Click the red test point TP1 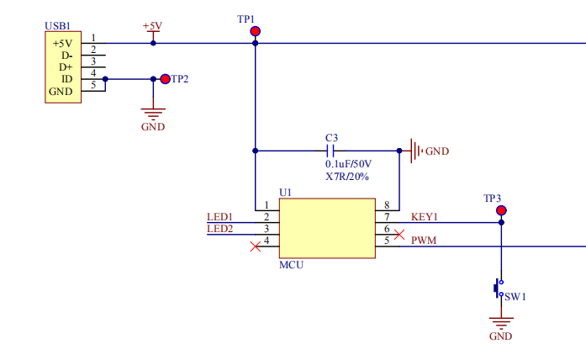click(x=255, y=32)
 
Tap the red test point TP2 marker click(x=165, y=79)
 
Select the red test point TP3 click(x=501, y=210)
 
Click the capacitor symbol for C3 click(x=331, y=151)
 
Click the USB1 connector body click(x=63, y=67)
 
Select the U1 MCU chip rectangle click(x=327, y=228)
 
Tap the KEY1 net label click(x=425, y=217)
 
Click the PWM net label click(x=423, y=241)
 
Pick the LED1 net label click(x=219, y=217)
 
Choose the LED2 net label click(x=219, y=229)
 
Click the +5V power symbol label click(x=152, y=26)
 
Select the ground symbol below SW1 click(x=501, y=322)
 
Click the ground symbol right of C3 click(x=415, y=151)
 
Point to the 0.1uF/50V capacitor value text click(x=348, y=164)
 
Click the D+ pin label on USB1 click(x=66, y=67)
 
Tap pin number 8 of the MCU click(x=387, y=205)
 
